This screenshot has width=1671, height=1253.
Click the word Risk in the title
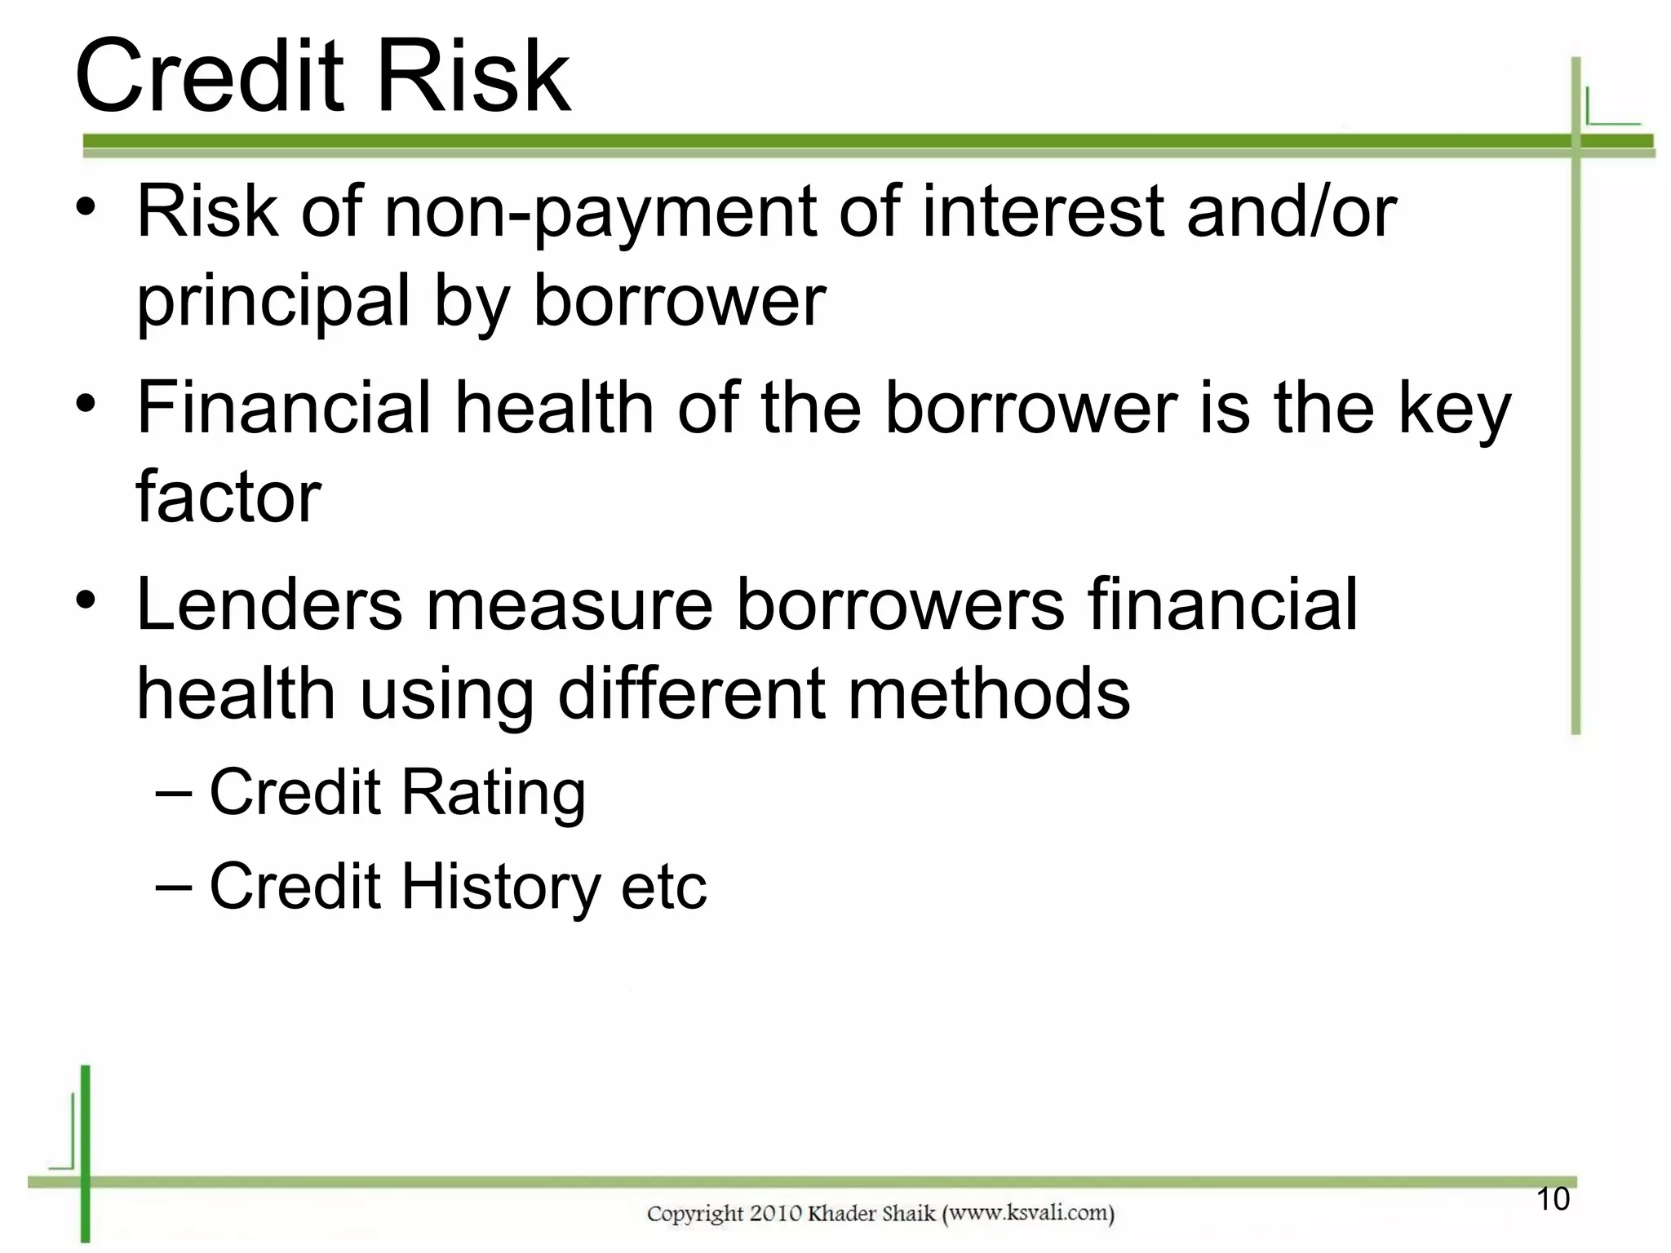click(474, 77)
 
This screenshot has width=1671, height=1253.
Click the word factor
click(228, 498)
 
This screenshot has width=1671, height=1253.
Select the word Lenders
click(269, 605)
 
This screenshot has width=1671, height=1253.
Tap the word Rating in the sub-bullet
click(493, 793)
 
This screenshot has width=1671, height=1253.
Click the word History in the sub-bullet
click(501, 888)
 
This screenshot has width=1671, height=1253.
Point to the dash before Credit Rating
click(174, 792)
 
